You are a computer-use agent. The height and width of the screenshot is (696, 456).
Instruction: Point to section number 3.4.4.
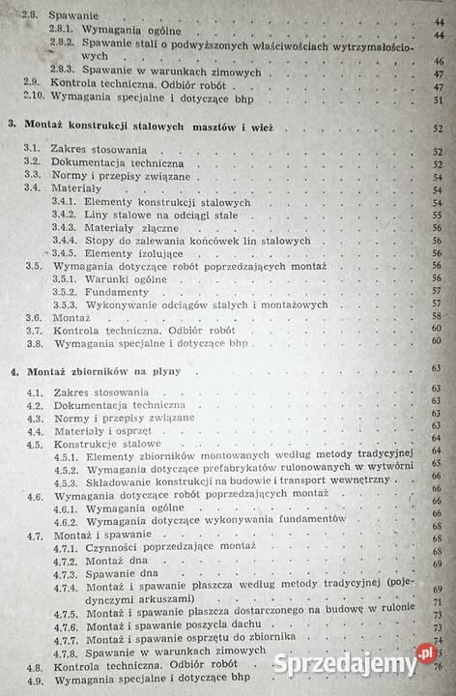click(x=66, y=240)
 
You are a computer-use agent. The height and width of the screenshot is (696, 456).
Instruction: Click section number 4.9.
click(x=37, y=680)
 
